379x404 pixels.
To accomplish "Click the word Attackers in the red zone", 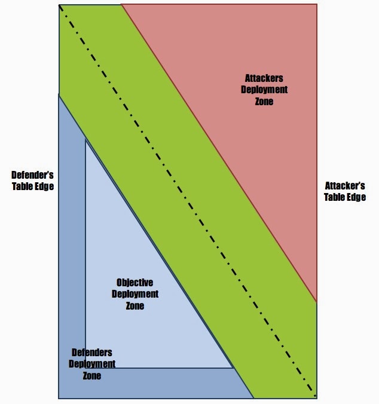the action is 264,78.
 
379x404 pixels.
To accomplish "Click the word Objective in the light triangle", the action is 135,283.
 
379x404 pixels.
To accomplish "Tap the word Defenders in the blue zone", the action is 91,353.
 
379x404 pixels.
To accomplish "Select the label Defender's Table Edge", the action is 33,180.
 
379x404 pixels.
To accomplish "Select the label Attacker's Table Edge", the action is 345,191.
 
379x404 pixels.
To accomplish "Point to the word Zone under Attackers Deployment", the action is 264,102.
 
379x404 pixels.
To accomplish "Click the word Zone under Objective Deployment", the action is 135,305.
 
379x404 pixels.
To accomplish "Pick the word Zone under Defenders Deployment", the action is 92,375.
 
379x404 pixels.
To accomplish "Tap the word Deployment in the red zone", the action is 264,90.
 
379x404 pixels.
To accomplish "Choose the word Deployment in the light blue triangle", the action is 135,294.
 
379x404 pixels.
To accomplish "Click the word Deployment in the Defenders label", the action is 92,364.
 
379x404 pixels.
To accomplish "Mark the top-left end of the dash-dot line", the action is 60,5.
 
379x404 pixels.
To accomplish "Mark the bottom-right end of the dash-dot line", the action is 314,396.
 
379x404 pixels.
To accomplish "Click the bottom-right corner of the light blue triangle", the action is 233,368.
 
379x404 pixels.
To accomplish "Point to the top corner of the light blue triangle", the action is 85,140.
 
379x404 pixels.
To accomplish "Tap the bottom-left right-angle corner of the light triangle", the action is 85,368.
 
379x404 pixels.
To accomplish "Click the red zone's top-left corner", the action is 121,5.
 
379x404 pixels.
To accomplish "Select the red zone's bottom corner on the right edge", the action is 316,302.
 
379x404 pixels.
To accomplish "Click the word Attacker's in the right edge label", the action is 345,186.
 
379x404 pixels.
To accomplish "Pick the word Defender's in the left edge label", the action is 33,175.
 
